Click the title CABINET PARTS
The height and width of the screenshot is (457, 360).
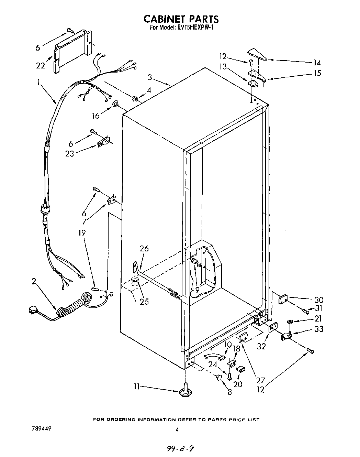181,19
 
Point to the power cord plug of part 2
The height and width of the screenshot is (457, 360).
34,311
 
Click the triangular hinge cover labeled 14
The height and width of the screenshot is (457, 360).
258,55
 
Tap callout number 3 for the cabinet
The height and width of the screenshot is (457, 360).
150,77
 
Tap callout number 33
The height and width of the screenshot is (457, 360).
319,329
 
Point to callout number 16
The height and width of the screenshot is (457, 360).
95,116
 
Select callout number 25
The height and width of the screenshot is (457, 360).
144,302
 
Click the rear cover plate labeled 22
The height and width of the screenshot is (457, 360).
72,52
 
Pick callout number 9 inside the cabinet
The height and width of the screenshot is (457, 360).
197,290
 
